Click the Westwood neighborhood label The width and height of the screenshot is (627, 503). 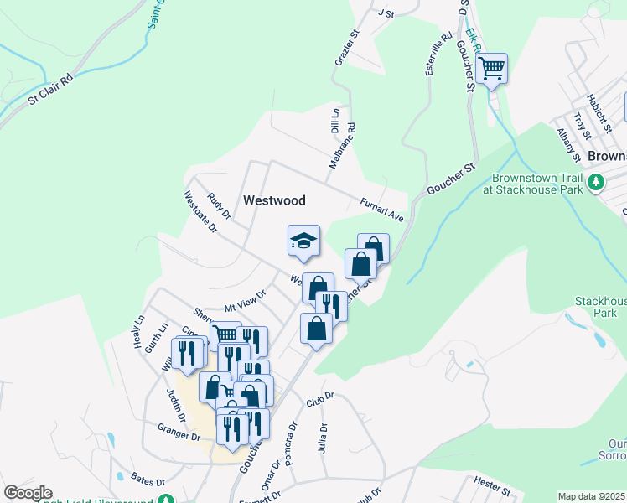coord(274,201)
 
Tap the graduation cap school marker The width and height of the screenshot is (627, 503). coord(303,242)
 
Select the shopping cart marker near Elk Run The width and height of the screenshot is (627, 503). coord(491,68)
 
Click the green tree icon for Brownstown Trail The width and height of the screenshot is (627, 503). coord(596,182)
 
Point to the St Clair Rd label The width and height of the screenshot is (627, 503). coord(50,88)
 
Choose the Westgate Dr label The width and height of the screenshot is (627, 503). coord(200,210)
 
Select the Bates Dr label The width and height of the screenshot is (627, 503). coord(148,481)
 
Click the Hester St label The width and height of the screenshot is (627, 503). coord(492,485)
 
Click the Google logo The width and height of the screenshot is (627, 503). coord(28,493)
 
